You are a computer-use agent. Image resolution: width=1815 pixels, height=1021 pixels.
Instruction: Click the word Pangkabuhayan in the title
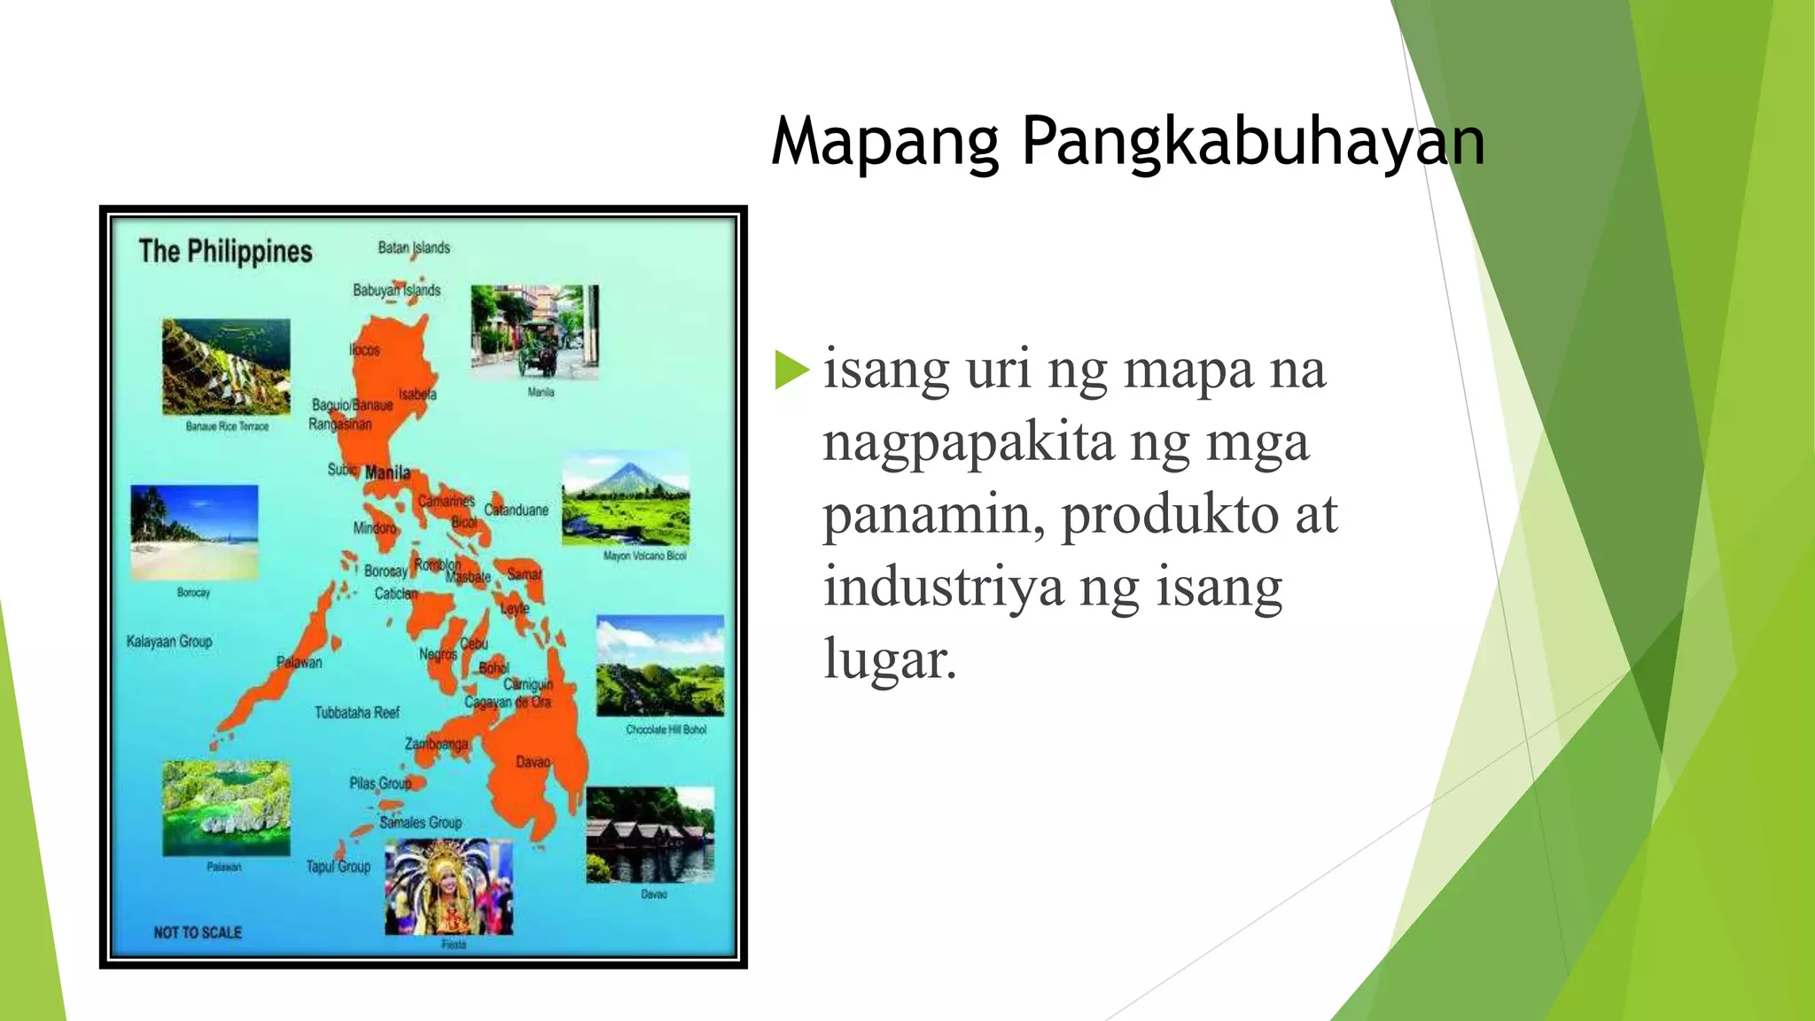[x=1252, y=142]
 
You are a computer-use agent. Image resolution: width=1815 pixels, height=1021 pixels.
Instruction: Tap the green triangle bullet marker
[x=791, y=370]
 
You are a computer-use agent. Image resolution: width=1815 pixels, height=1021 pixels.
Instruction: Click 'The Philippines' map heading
[x=225, y=252]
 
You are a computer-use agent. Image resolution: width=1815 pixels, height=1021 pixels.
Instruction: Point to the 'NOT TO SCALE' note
[x=198, y=932]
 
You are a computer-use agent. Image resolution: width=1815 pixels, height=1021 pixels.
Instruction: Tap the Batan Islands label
[x=414, y=248]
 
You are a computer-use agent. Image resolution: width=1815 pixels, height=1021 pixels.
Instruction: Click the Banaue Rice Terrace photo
[x=226, y=367]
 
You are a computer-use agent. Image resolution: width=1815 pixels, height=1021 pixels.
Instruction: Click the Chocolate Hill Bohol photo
[x=660, y=666]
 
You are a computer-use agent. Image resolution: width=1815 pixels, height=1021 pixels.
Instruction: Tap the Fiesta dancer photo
[x=448, y=886]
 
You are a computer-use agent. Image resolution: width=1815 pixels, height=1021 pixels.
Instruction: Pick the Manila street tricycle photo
[x=534, y=331]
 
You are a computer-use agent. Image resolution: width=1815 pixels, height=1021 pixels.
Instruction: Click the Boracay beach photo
[x=194, y=532]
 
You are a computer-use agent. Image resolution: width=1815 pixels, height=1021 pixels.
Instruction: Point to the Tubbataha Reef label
[x=357, y=713]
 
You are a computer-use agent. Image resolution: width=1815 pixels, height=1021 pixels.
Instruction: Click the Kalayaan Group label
[x=169, y=641]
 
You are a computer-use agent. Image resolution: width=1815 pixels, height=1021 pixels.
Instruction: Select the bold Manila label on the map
[x=387, y=472]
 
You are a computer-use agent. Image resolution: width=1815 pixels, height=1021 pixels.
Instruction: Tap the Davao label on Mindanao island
[x=533, y=762]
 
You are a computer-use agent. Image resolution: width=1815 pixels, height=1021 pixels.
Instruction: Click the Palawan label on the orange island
[x=300, y=662]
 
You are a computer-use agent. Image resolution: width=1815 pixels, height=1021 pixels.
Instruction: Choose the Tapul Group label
[x=339, y=867]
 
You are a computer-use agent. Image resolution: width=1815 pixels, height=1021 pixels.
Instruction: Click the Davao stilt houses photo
[x=650, y=835]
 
